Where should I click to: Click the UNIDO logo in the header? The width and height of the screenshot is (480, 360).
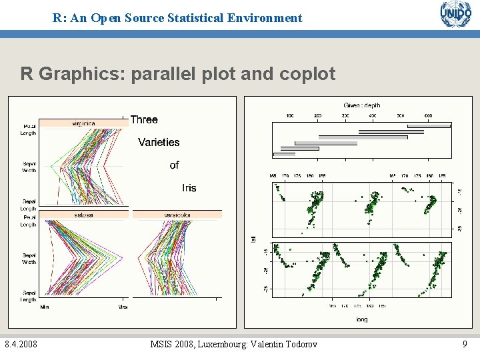pos(455,14)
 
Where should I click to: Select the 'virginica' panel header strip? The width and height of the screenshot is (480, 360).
pos(83,123)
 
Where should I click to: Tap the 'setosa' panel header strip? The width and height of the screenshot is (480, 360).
pos(83,215)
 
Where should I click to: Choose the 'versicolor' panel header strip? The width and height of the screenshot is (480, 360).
pos(177,215)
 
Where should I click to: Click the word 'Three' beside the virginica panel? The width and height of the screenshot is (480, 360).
pos(144,120)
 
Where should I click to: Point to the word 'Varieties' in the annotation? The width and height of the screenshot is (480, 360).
pos(159,142)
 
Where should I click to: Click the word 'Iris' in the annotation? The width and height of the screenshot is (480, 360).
pos(189,188)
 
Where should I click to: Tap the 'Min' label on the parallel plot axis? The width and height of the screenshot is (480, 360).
pos(44,307)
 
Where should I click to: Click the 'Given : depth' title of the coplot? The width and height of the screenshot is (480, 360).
pos(362,105)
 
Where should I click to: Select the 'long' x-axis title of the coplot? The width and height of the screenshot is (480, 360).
pos(361,319)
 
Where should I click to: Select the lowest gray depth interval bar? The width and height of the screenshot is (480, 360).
pos(284,154)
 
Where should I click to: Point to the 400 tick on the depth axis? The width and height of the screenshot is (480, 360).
pos(373,116)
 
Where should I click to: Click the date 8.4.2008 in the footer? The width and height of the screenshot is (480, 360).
pos(21,344)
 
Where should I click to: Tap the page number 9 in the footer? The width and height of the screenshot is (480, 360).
pos(465,344)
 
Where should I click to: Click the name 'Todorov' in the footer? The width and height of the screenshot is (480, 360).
pos(297,344)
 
